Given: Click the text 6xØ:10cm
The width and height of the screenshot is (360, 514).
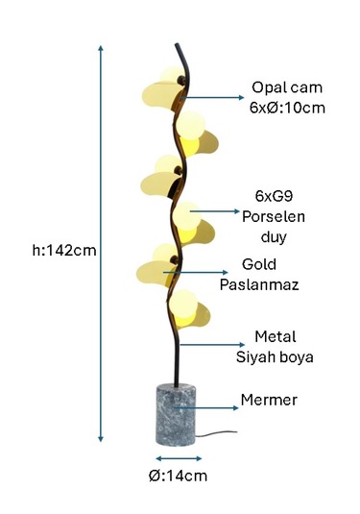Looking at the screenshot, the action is tap(287, 107).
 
